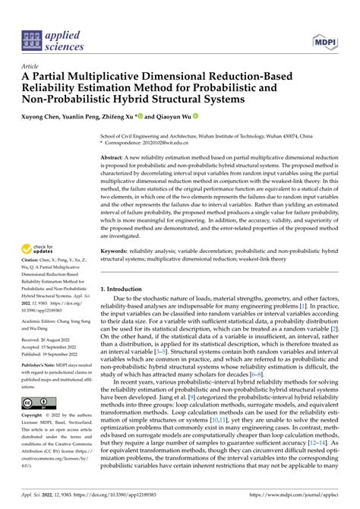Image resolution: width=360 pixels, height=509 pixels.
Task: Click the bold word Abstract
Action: [114, 157]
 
